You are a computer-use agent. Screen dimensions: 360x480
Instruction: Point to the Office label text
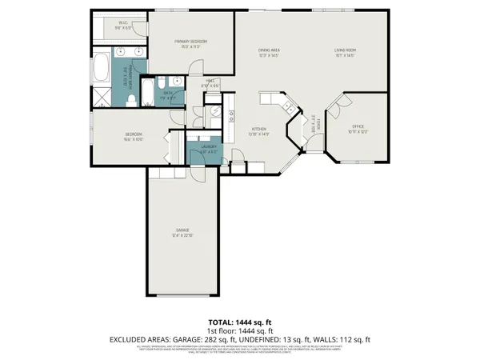point(358,126)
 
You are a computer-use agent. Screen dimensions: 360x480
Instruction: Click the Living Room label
point(346,54)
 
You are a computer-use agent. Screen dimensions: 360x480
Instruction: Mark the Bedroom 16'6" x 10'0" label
point(133,136)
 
